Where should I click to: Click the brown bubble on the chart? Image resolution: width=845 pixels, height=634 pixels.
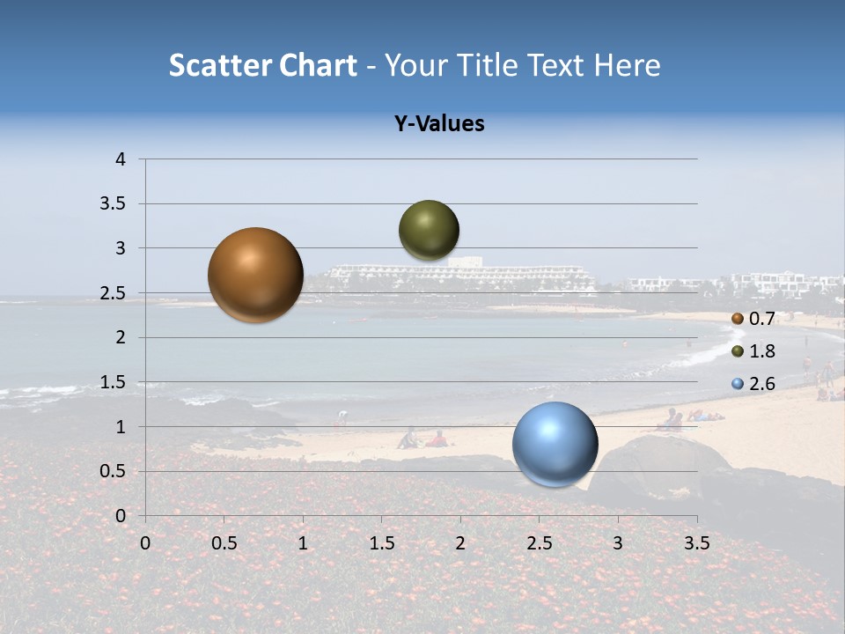point(255,275)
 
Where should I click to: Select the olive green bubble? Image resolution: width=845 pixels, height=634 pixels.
point(429,230)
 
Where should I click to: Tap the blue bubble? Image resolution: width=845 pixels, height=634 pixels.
point(555,444)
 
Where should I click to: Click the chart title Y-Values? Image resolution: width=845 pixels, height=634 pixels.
point(438,124)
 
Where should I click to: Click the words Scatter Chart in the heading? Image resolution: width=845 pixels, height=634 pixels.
point(262,65)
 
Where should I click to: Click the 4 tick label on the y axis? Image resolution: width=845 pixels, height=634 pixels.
point(121,159)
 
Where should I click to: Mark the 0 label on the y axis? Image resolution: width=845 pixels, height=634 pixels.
point(121,516)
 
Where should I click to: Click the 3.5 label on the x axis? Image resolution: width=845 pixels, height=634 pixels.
point(696,543)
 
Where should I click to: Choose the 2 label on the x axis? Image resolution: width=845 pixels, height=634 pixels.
point(460,543)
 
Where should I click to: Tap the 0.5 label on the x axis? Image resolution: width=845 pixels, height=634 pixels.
point(224,543)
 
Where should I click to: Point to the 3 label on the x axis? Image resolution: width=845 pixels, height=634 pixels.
point(618,543)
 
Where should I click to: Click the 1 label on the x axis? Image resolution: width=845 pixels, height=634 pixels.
point(303,543)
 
